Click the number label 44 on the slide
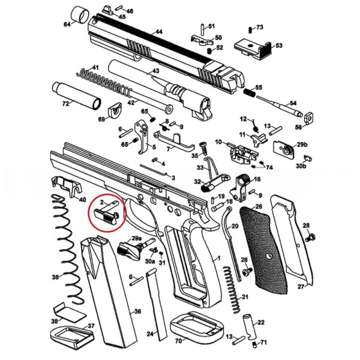158,31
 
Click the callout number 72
49,104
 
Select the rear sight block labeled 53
251,46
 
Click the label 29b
302,145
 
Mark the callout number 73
259,28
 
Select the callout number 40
82,200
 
